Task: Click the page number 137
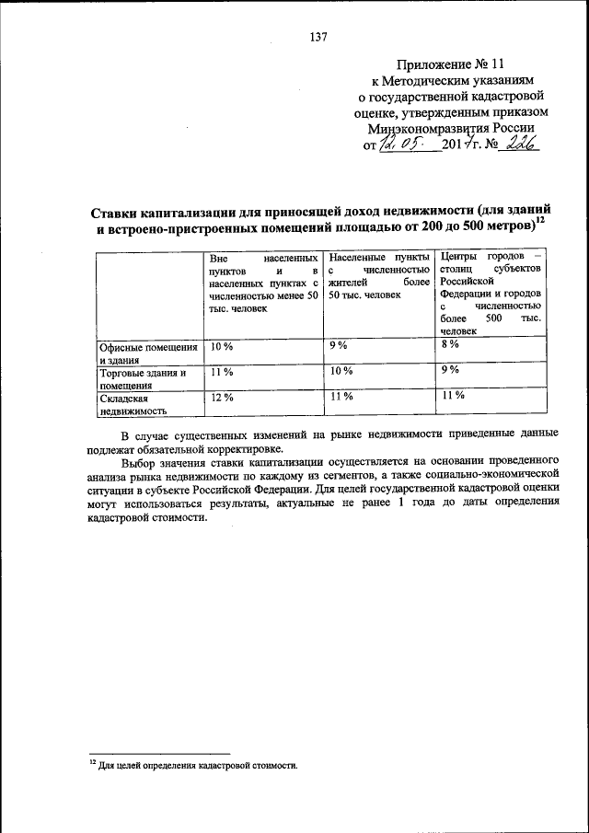coord(318,38)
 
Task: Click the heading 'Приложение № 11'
coord(451,64)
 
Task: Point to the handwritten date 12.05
coord(407,146)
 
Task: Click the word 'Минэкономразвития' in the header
coord(425,130)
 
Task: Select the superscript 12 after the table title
coord(541,219)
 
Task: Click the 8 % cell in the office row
coord(449,344)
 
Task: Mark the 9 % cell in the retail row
coord(449,370)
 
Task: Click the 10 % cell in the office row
coord(222,346)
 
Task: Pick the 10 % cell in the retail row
coord(341,371)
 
